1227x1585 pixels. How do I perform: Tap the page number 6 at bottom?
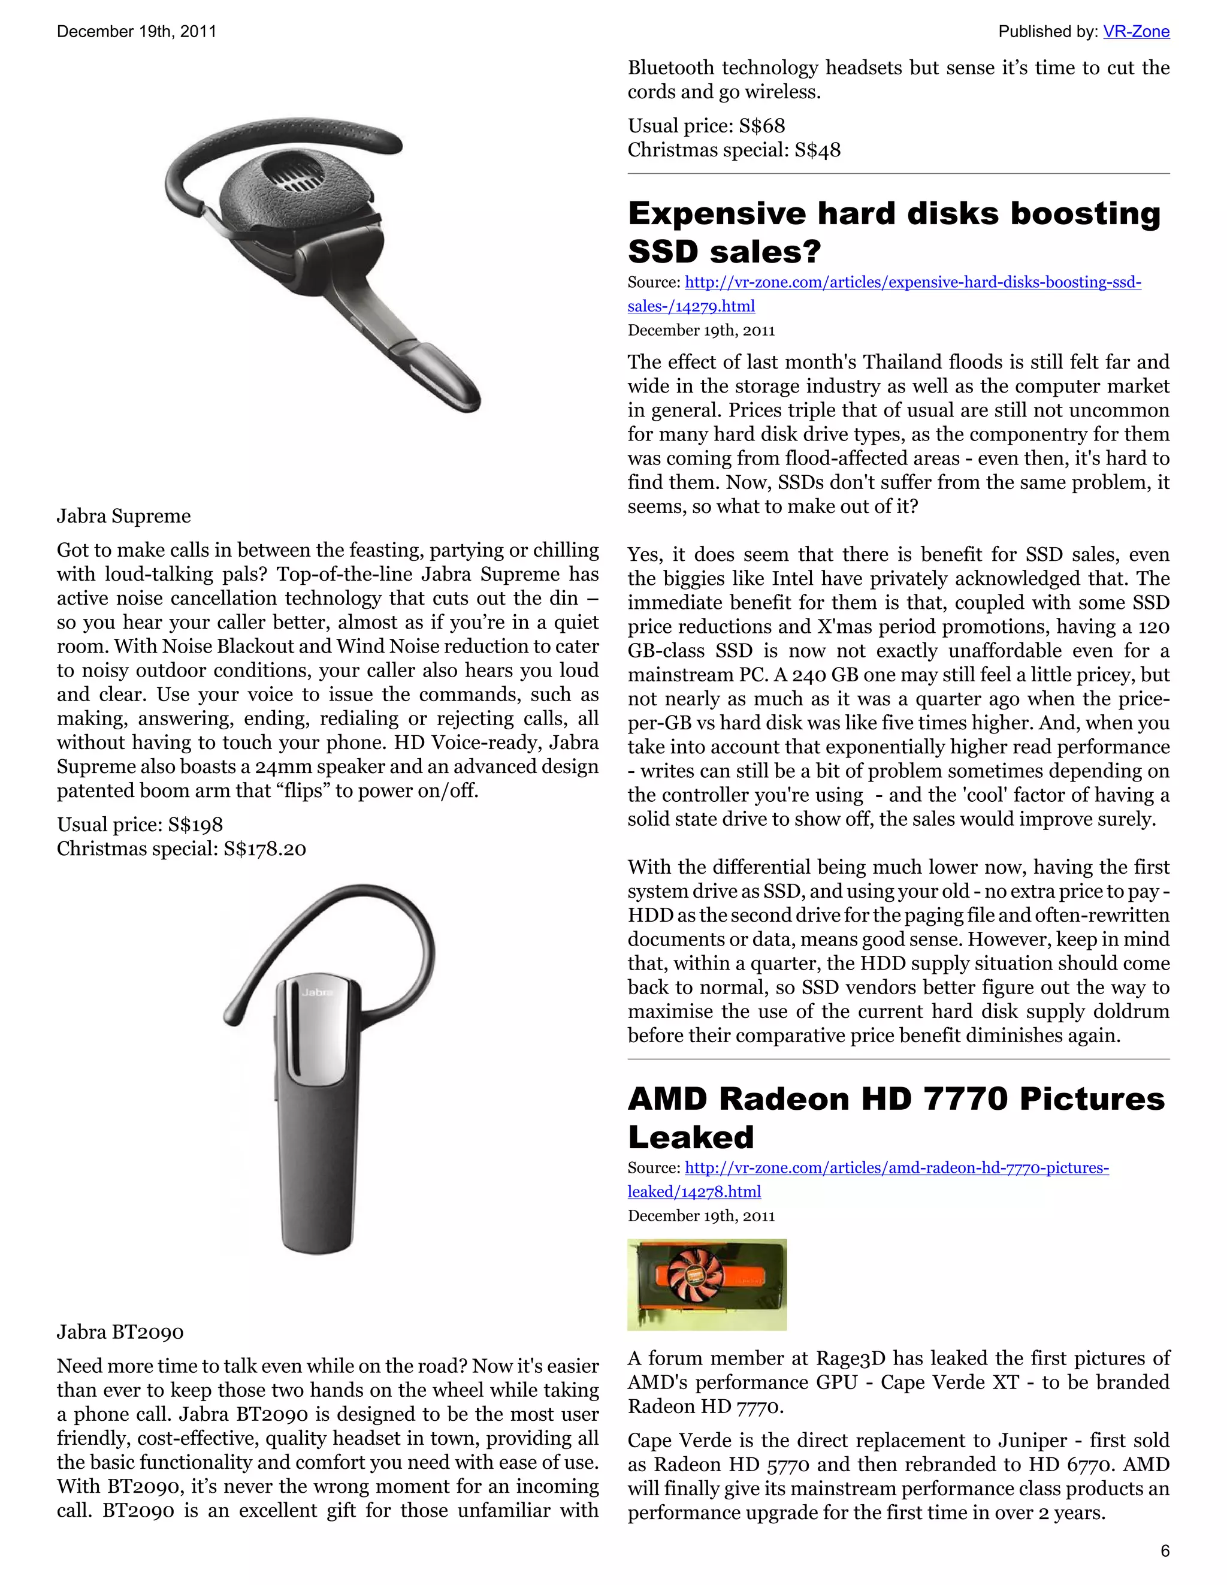point(1165,1550)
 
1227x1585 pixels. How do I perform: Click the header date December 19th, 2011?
point(137,31)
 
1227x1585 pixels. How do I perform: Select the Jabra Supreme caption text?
point(124,516)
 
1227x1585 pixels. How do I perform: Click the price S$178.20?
point(265,849)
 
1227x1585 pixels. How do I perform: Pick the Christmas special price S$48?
point(817,150)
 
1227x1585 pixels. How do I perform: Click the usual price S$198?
point(195,825)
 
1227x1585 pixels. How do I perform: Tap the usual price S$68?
point(762,126)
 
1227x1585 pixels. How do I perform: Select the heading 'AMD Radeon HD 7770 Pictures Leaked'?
point(896,1118)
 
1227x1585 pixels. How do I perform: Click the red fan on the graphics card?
point(694,1283)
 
